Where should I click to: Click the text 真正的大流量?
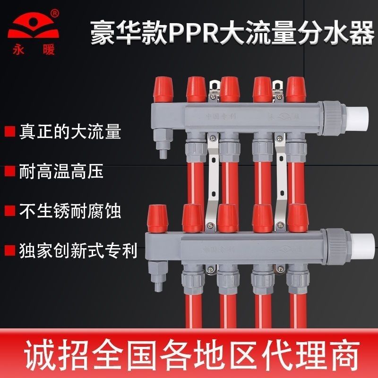point(69,132)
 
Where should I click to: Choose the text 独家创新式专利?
point(77,250)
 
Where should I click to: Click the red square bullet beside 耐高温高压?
point(9,172)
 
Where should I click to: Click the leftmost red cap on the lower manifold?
point(156,218)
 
